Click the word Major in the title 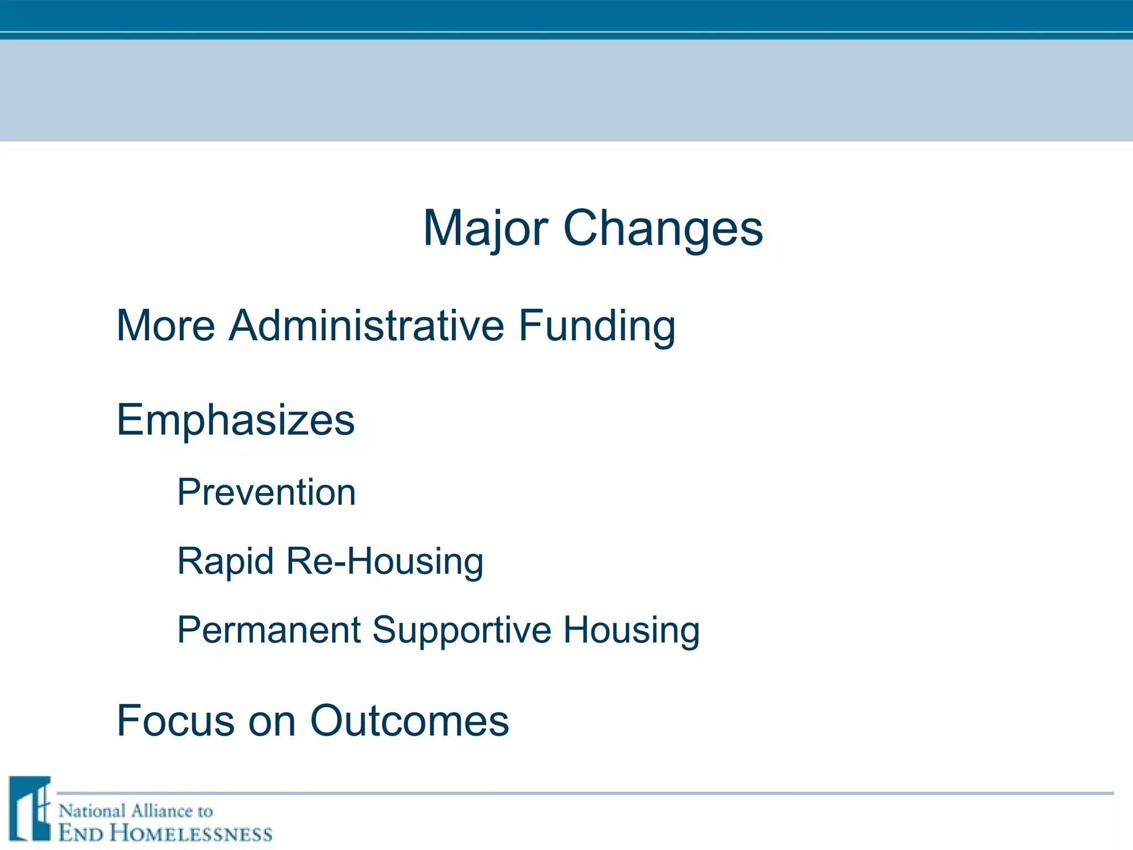(x=485, y=229)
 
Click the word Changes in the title (x=663, y=229)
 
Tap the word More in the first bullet (x=165, y=325)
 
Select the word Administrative (x=366, y=325)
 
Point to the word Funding (x=597, y=325)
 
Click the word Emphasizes (x=236, y=421)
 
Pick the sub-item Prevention (x=266, y=492)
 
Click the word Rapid (x=225, y=561)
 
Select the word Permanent (x=268, y=630)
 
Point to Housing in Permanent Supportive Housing (x=631, y=630)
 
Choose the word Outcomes (x=409, y=721)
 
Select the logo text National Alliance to (x=136, y=811)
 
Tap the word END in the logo (x=80, y=833)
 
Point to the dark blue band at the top (x=566, y=15)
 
